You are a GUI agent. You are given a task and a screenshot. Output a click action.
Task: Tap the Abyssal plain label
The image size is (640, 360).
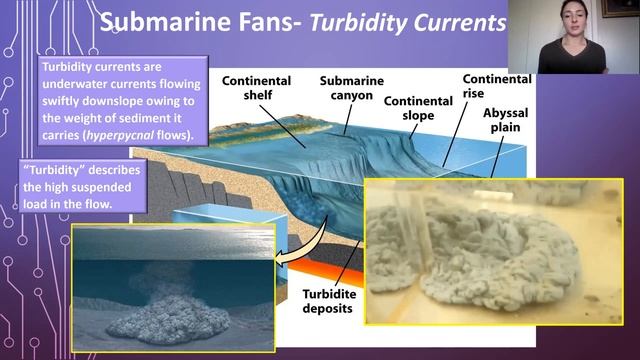click(505, 121)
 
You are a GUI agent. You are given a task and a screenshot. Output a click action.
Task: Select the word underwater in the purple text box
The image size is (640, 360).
click(77, 83)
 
